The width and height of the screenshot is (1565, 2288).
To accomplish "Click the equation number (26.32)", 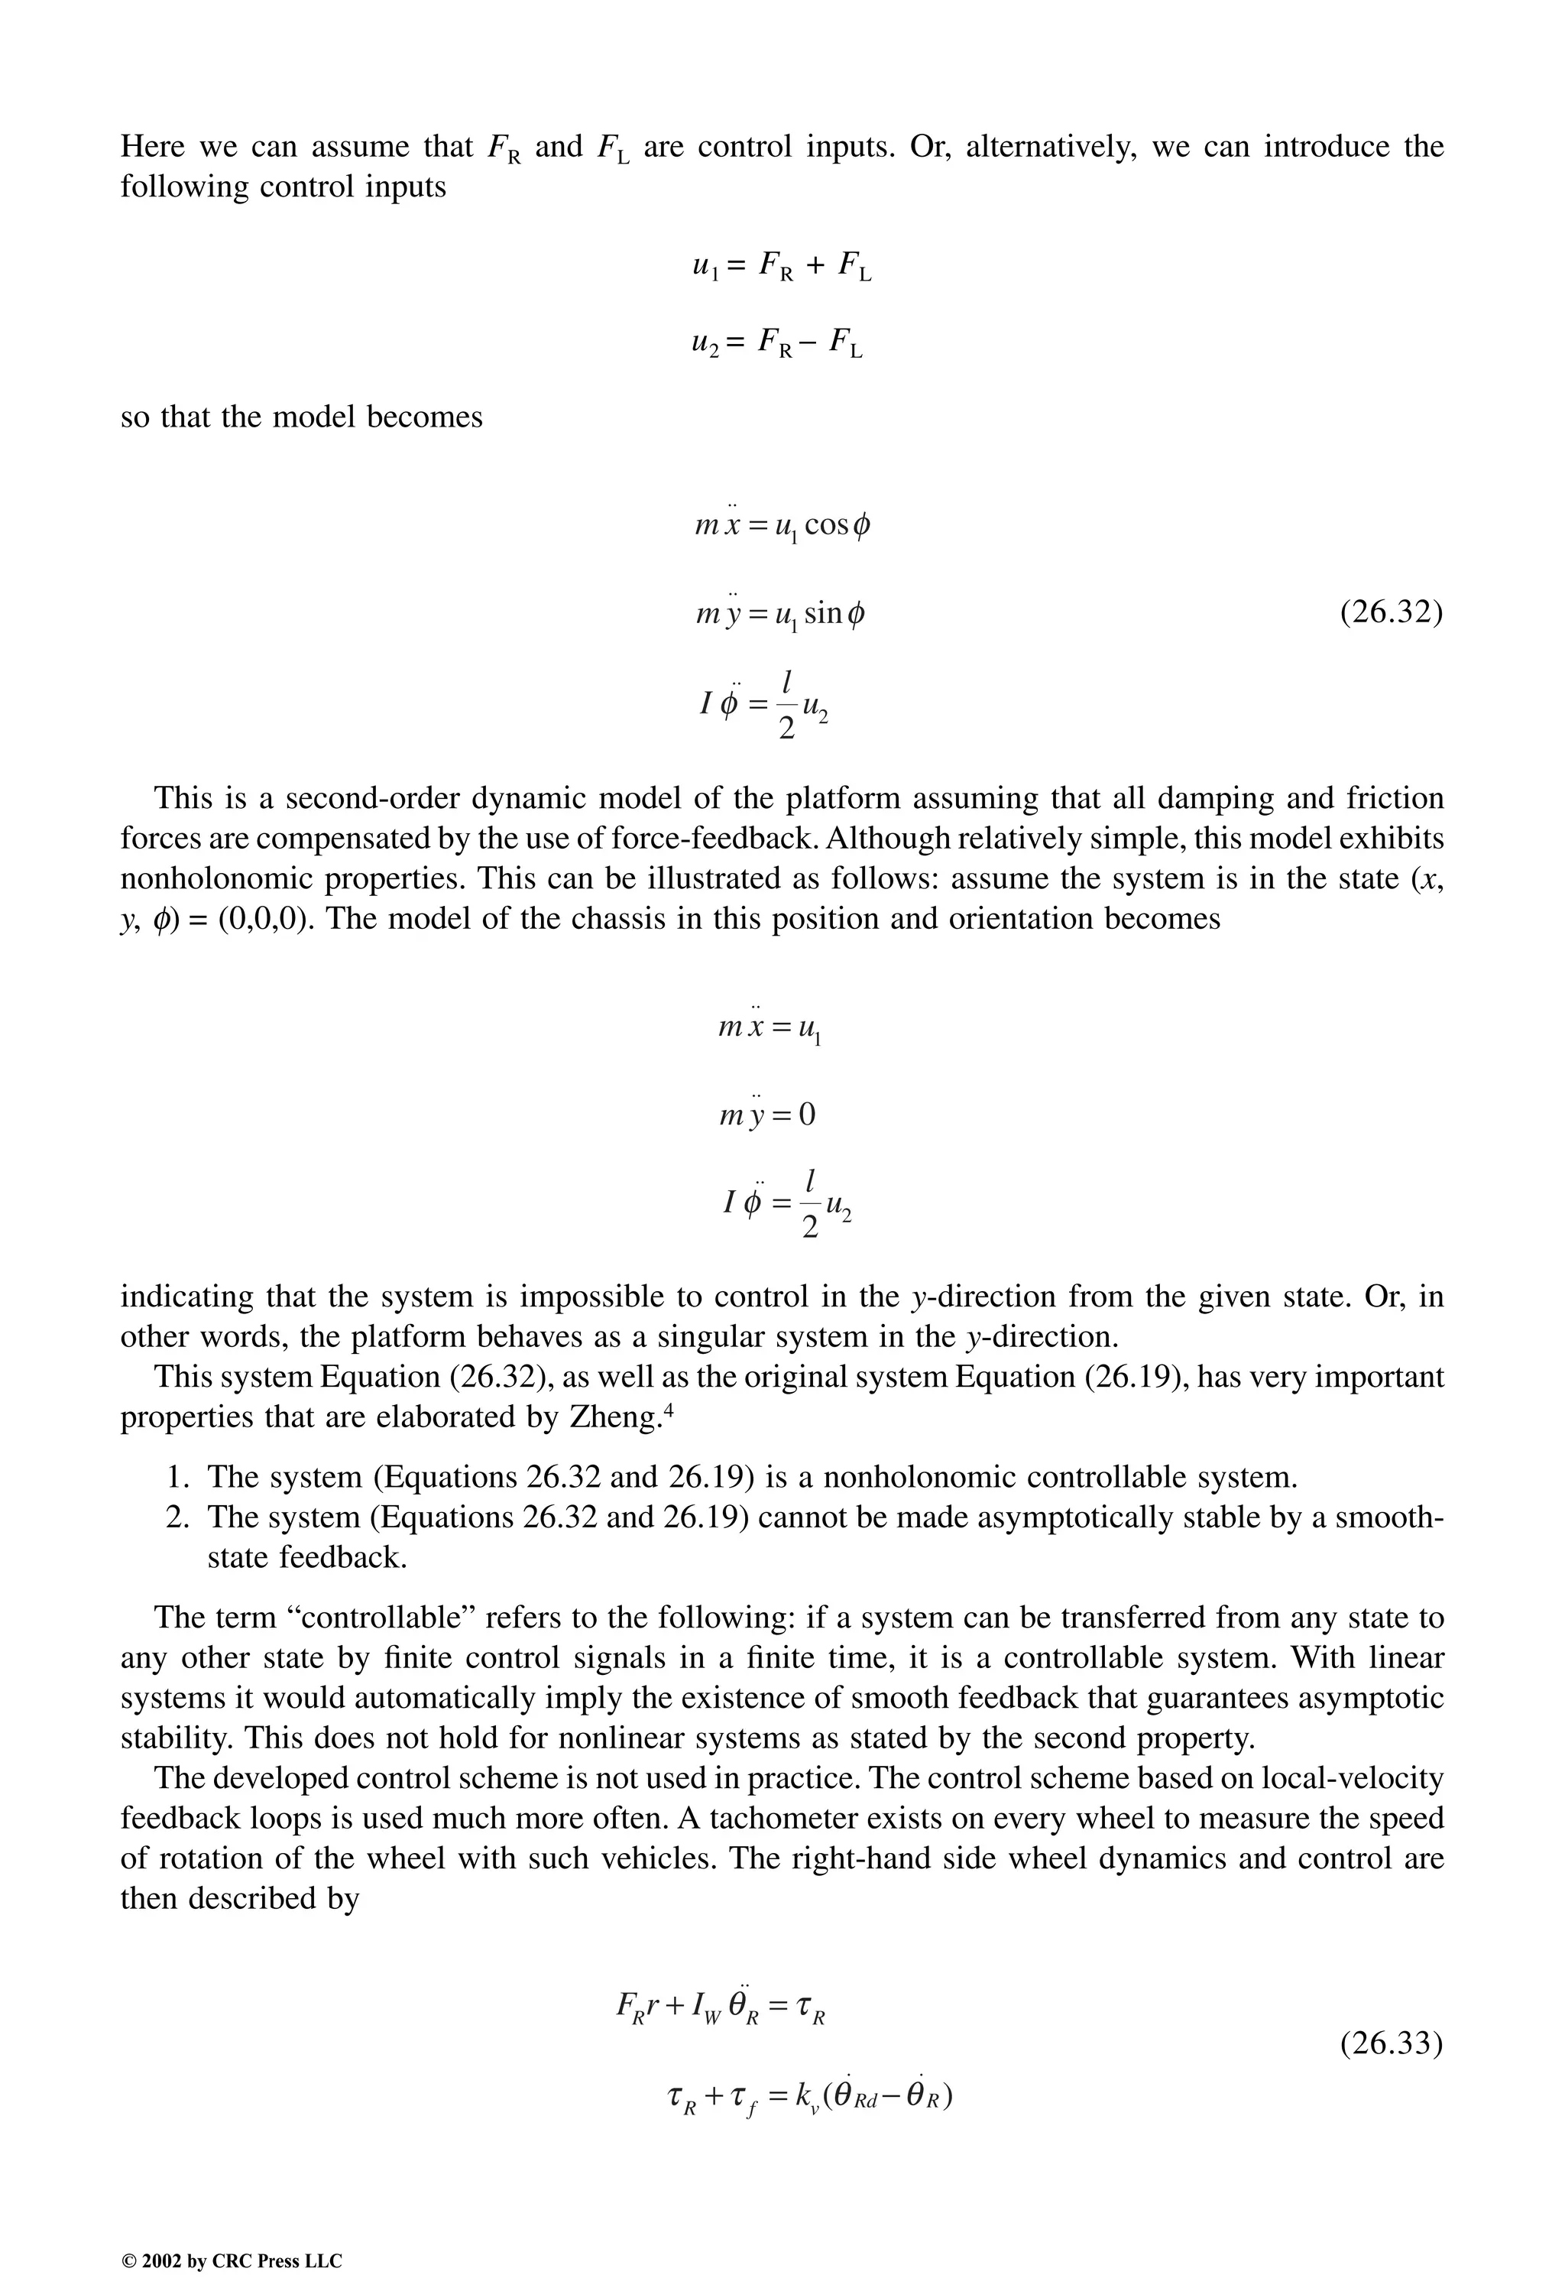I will point(1391,612).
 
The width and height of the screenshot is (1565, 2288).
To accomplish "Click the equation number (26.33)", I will point(1391,2044).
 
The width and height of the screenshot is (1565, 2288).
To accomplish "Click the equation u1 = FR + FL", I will point(782,266).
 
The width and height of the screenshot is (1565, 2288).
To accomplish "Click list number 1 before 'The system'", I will point(177,1477).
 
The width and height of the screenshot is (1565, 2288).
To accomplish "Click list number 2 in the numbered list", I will point(177,1517).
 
